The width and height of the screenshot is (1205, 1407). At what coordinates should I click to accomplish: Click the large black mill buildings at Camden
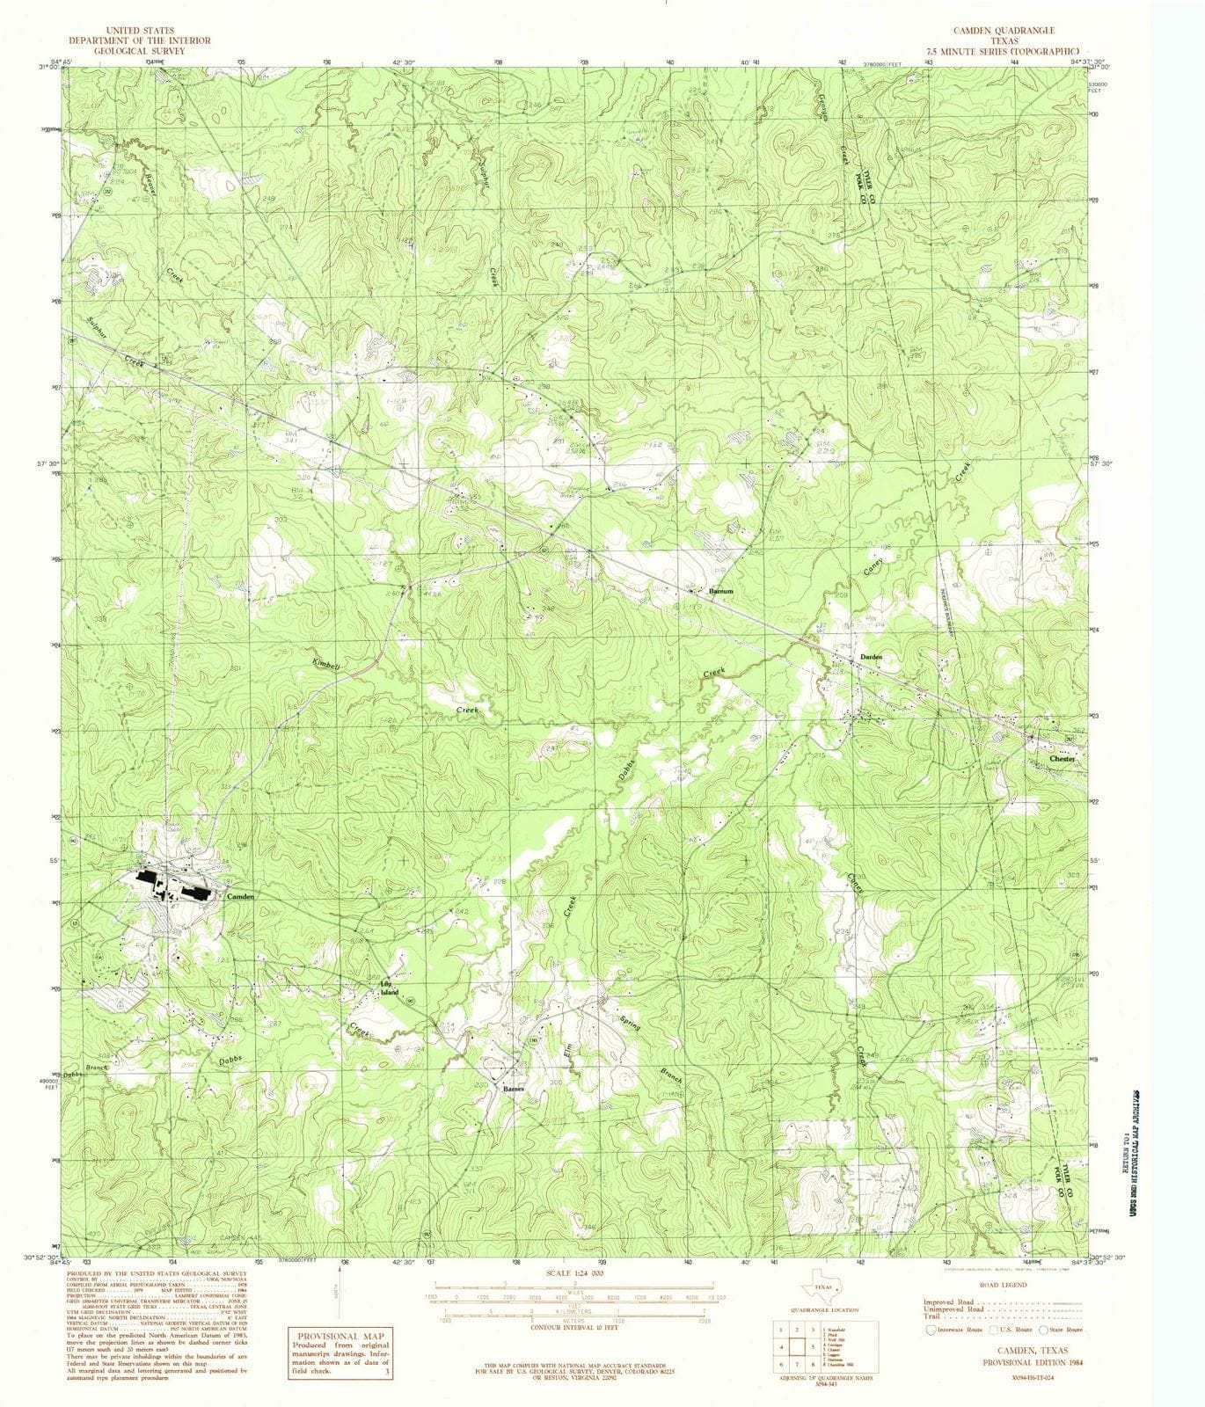tap(172, 886)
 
